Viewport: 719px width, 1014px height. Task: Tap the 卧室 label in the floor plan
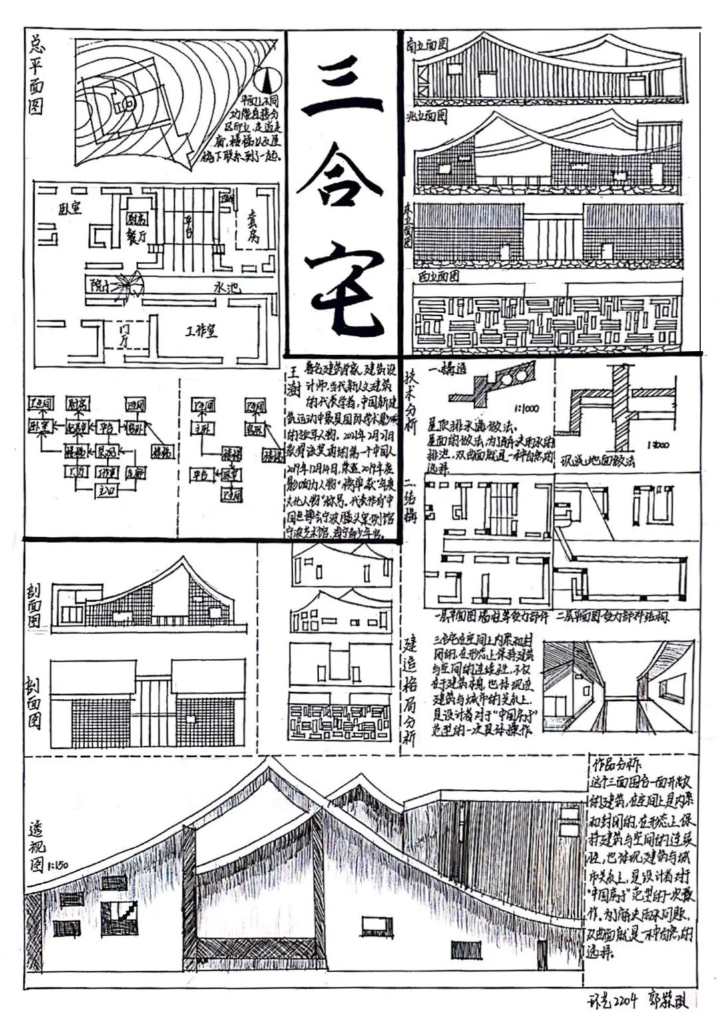tap(70, 209)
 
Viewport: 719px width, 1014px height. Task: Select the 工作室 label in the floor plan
tap(201, 330)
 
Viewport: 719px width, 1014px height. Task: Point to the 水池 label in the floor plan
tap(226, 289)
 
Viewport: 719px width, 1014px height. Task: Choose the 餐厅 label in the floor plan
tap(137, 237)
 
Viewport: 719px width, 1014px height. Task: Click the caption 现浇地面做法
tap(597, 460)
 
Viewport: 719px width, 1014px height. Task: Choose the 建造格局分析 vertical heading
tap(411, 693)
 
